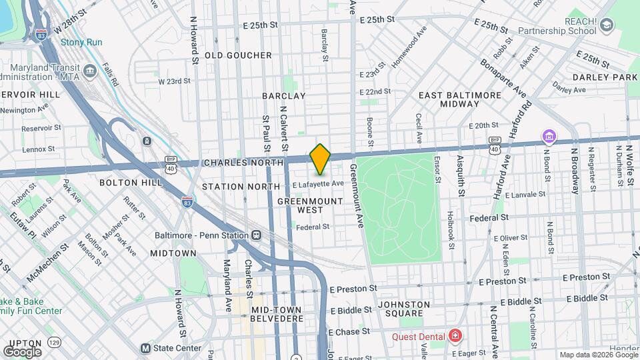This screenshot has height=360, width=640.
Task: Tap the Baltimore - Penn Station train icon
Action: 256,235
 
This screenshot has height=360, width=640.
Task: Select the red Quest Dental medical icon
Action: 455,335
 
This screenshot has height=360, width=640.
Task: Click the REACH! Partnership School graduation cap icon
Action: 607,25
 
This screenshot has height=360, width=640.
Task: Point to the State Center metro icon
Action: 145,348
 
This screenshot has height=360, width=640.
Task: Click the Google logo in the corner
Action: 22,351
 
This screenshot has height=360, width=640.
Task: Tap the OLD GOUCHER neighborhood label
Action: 238,55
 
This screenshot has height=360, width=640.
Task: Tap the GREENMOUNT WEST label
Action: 300,205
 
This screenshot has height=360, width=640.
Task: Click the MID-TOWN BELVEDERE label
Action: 277,314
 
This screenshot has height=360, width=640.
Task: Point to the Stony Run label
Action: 82,42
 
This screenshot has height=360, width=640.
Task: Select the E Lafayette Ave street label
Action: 317,184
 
